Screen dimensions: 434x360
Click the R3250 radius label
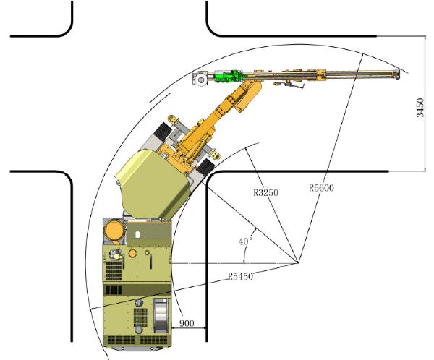265,192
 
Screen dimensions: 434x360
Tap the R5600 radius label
321,188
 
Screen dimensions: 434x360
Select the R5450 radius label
241,276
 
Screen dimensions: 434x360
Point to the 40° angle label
246,241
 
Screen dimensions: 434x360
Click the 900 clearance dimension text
187,323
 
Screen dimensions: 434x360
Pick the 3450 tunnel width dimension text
420,108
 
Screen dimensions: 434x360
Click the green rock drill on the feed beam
229,76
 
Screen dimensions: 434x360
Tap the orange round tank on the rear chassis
114,231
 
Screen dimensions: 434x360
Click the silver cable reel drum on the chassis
161,315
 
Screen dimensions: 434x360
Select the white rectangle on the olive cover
137,235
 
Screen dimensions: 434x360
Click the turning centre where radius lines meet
298,262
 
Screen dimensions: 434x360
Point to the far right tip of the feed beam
399,74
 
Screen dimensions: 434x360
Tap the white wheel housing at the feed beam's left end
200,79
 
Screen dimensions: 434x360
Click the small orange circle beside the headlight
132,253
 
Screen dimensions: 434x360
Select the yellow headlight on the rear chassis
116,255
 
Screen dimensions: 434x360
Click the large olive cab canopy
153,183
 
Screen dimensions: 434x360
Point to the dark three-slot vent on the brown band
114,290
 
